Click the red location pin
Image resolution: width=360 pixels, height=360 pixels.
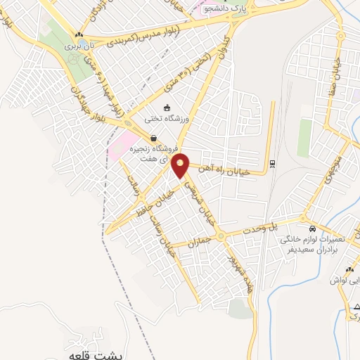(181, 165)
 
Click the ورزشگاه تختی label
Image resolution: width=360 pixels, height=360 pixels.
(167, 119)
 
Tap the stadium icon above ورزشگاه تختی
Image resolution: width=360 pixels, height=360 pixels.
(167, 108)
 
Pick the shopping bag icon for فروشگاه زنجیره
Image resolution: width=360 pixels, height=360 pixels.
(153, 139)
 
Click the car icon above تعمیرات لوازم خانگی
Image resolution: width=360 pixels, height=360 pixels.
(312, 229)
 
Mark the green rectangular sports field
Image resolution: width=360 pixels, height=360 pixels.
(304, 138)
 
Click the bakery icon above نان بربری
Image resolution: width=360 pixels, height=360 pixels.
(79, 34)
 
